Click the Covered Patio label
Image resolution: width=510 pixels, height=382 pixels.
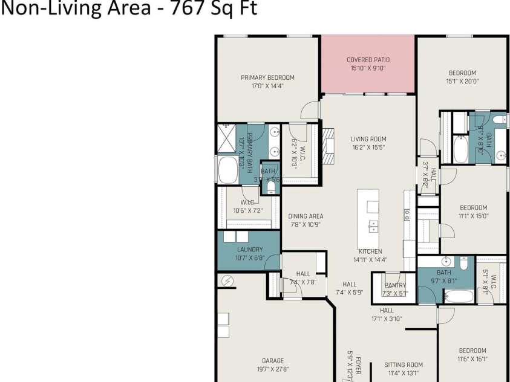tap(368, 60)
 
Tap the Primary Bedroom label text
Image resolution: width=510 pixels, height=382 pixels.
tap(267, 77)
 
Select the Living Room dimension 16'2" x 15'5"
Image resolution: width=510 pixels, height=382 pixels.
tap(368, 147)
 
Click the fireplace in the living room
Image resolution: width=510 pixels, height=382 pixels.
tap(328, 146)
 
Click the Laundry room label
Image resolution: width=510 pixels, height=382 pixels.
tap(249, 250)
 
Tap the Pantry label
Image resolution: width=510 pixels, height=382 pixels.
tap(395, 285)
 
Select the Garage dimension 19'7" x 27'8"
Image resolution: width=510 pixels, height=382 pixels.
tap(273, 369)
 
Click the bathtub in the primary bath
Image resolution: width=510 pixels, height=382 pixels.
tap(228, 170)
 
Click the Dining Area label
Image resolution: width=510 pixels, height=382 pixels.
tap(306, 216)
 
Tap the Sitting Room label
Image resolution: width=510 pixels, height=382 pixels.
tap(404, 365)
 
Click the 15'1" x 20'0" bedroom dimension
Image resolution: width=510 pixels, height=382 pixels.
tap(462, 81)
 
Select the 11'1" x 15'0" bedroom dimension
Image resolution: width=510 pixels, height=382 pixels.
tap(473, 216)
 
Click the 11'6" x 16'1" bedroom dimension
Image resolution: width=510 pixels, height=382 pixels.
tap(472, 358)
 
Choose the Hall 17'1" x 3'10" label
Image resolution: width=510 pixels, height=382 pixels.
tap(387, 319)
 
